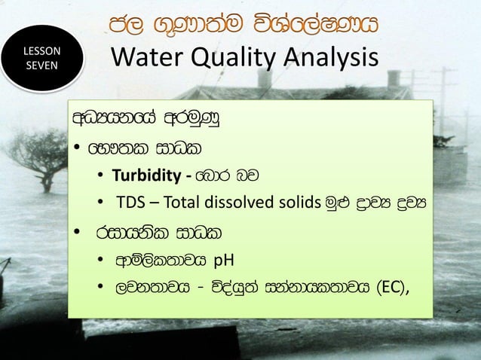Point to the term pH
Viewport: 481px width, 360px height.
225,261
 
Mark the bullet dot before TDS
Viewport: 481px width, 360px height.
100,203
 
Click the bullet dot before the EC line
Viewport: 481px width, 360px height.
100,287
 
